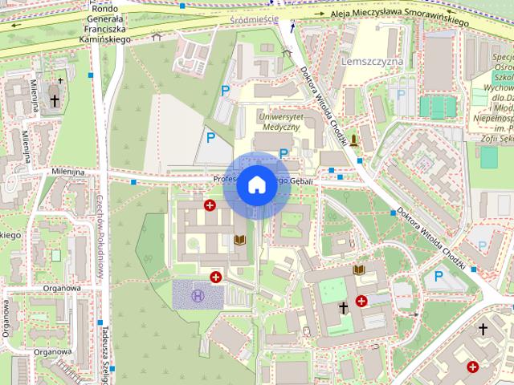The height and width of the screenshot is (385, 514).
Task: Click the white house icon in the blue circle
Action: pos(256,185)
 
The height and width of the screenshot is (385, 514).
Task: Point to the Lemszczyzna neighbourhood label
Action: pos(371,61)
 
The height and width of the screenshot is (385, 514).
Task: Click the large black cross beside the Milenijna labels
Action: pos(54,102)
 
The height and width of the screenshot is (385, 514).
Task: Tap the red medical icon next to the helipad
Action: pos(215,278)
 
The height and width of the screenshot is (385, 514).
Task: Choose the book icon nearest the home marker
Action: pos(239,239)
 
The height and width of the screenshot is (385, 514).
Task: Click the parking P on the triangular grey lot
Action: pos(210,138)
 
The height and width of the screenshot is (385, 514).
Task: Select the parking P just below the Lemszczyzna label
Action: pos(401,94)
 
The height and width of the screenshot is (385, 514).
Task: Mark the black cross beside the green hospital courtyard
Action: pos(343,307)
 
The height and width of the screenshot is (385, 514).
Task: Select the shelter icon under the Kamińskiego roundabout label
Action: pos(157,36)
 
